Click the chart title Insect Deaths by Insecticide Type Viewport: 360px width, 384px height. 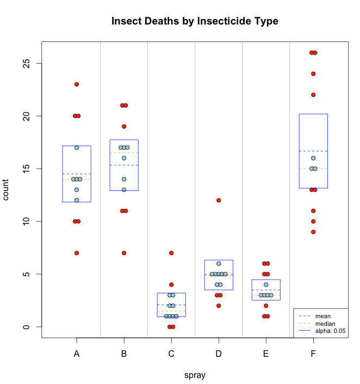(x=195, y=21)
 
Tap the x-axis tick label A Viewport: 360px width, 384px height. (x=77, y=354)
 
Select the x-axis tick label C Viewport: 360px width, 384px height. (x=171, y=354)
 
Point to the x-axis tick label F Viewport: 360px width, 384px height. (x=313, y=354)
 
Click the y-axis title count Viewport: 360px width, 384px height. (x=7, y=190)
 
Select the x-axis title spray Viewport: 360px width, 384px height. (x=195, y=375)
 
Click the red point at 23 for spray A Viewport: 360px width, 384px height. (x=77, y=84)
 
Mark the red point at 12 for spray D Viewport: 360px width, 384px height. (x=219, y=200)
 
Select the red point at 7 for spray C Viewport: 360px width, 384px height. (x=171, y=253)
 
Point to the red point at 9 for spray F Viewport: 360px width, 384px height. (x=313, y=232)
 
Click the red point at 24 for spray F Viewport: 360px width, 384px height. (x=313, y=74)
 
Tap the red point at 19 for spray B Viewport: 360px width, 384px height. (x=124, y=126)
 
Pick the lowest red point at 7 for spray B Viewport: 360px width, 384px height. (x=124, y=253)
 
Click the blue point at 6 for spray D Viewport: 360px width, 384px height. (x=219, y=263)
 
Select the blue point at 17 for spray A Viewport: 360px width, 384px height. (x=77, y=147)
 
